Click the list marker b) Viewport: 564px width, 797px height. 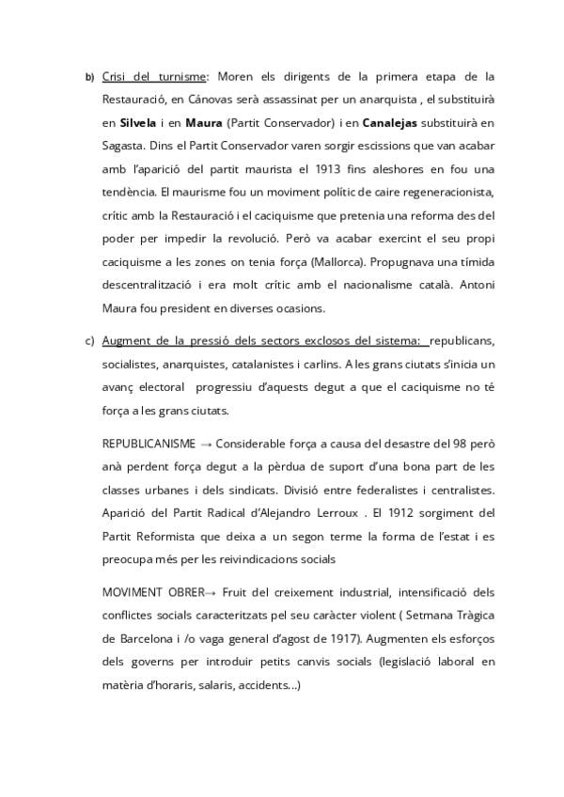tap(90, 77)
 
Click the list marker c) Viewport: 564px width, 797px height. tap(90, 339)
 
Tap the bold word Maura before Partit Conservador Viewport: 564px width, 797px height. tap(204, 122)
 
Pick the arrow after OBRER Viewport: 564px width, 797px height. tap(210, 593)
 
